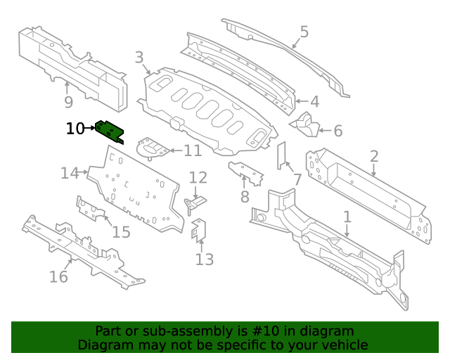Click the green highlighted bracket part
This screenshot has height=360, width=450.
[110, 131]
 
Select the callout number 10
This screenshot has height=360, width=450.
[75, 129]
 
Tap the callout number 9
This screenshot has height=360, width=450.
[68, 103]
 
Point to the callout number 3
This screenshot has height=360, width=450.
[139, 58]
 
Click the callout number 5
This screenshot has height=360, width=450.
[304, 32]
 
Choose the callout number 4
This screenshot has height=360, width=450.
[314, 101]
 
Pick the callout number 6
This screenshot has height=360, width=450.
[337, 131]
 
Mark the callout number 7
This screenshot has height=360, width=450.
[297, 180]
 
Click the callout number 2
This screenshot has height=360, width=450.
[374, 157]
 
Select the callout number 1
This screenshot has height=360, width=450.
[347, 217]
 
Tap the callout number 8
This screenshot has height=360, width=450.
[245, 197]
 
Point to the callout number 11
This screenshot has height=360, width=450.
[192, 150]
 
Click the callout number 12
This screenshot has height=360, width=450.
[198, 178]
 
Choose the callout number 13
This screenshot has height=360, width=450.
[204, 260]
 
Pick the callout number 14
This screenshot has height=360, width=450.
[70, 173]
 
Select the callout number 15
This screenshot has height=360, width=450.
[121, 231]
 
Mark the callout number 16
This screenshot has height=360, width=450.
[58, 276]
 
